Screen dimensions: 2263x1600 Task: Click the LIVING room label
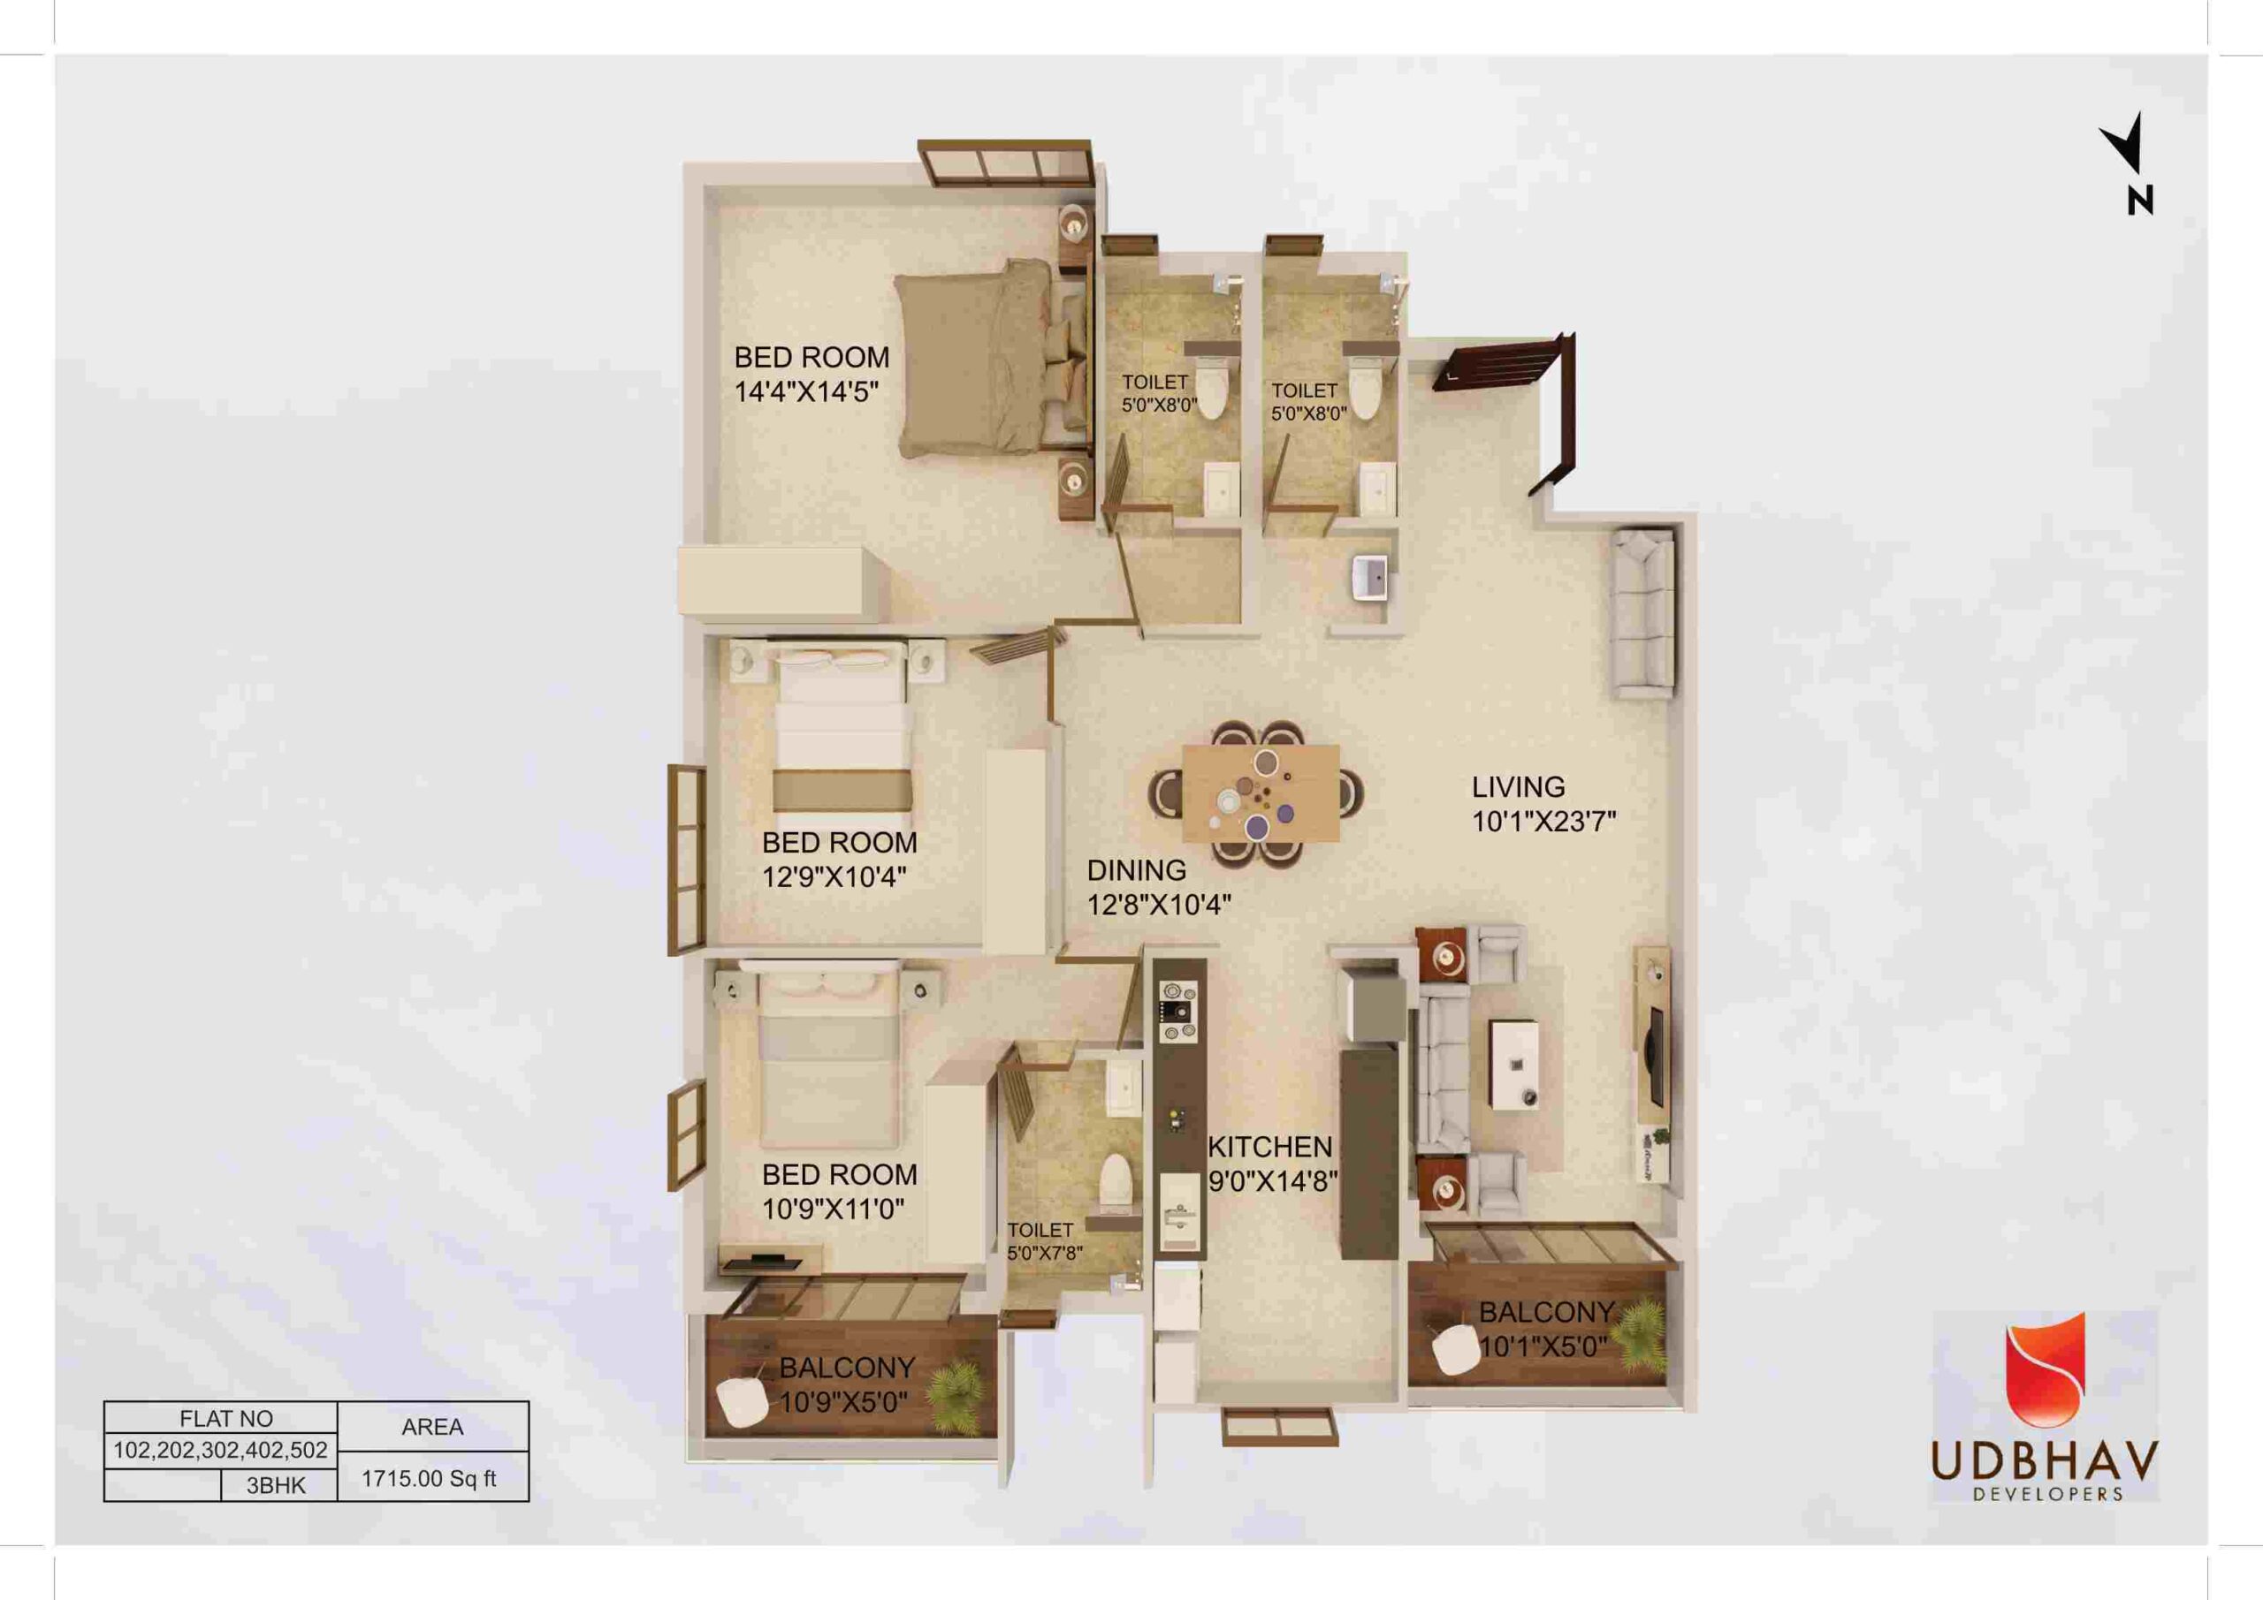pos(1518,787)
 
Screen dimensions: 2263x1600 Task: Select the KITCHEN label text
pos(1269,1147)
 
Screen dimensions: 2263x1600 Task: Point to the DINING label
pos(1137,870)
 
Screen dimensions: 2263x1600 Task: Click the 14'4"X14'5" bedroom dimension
pos(806,392)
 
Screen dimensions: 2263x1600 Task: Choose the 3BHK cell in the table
pos(277,1486)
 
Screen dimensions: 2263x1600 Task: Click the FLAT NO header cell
pos(226,1419)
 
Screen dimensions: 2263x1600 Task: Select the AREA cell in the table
pos(432,1427)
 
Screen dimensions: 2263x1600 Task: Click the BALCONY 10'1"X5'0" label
pos(1545,1329)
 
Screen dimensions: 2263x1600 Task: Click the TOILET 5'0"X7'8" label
pos(1045,1241)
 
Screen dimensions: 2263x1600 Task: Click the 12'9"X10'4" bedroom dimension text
pos(834,876)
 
